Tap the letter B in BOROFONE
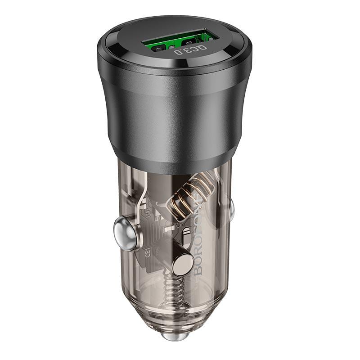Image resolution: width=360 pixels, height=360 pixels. click(198, 270)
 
